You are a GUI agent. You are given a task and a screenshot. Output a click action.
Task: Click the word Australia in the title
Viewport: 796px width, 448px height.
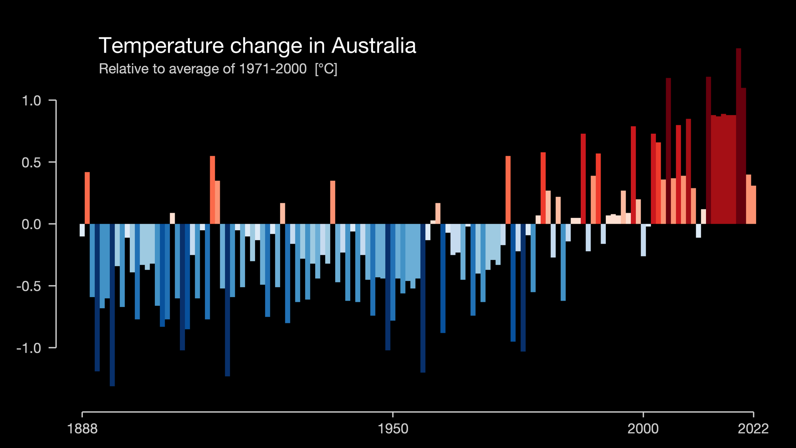[374, 46]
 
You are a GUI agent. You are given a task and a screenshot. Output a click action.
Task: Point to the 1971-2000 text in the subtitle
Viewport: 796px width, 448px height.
[273, 69]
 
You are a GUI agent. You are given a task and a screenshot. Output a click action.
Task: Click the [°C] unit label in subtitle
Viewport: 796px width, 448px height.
[326, 69]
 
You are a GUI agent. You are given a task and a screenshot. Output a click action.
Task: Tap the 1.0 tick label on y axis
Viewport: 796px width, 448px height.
[31, 101]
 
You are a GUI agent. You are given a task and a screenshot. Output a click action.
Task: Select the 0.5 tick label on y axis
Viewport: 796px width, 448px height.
[31, 162]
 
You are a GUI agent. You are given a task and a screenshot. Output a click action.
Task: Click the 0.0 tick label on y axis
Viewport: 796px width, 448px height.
[31, 224]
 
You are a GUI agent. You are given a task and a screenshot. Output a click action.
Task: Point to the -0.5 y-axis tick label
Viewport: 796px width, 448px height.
[29, 286]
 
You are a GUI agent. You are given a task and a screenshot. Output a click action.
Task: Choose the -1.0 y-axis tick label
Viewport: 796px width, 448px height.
[29, 348]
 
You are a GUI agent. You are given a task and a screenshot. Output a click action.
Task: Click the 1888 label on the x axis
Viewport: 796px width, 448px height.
[82, 429]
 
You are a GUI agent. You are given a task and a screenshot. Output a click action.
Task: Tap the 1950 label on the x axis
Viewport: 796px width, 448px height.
[393, 429]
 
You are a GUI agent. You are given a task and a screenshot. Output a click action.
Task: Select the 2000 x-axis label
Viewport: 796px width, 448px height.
[643, 429]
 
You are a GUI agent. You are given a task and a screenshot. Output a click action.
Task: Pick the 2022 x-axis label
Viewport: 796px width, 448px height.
[753, 429]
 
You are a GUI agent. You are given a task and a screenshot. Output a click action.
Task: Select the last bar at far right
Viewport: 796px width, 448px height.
[753, 205]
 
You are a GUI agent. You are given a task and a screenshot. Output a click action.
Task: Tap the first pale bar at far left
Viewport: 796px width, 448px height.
[82, 230]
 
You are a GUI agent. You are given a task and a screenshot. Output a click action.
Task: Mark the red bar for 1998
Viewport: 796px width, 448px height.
[633, 175]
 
